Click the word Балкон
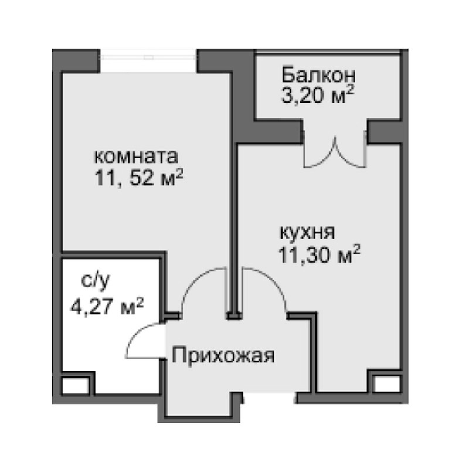click(x=318, y=76)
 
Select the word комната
click(x=136, y=157)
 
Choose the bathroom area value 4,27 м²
click(x=106, y=306)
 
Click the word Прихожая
click(x=223, y=355)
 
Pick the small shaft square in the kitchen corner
click(x=384, y=385)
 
